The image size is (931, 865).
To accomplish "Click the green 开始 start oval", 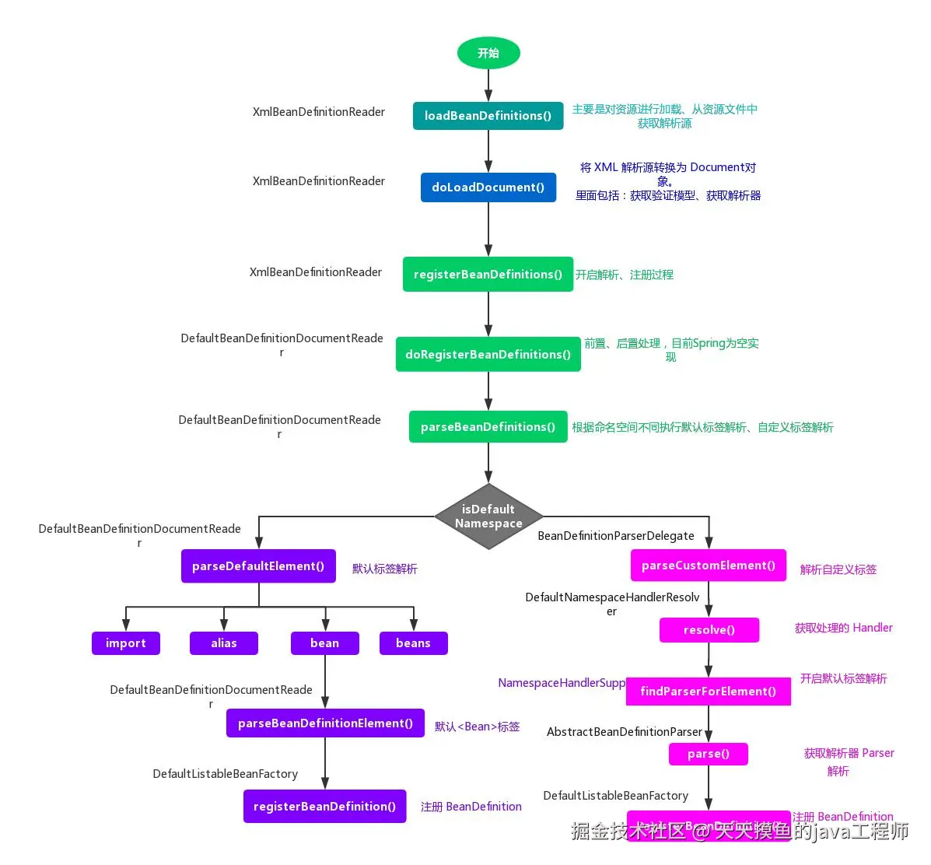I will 488,53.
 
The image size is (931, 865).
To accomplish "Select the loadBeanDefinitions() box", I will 488,116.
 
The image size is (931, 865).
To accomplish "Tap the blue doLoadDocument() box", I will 488,187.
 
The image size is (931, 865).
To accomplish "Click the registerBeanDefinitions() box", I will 488,275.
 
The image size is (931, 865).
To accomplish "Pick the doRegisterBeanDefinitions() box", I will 488,354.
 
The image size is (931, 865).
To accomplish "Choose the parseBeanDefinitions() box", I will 488,427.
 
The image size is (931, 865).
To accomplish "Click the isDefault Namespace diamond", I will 488,517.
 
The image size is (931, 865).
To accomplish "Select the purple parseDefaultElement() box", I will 258,566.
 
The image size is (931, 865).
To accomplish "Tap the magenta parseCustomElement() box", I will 708,566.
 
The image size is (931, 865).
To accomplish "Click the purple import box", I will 125,643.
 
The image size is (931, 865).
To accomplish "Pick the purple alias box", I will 223,643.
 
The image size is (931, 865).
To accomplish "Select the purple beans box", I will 413,643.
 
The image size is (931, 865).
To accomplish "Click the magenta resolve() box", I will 709,630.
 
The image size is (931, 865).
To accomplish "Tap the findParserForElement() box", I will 708,691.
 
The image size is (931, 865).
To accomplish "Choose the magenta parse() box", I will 708,754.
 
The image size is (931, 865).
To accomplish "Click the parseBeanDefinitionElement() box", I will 325,723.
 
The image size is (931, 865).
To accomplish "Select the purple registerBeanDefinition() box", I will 324,807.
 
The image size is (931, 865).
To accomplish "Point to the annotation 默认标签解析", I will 384,569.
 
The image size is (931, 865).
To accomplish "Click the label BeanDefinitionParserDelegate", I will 615,536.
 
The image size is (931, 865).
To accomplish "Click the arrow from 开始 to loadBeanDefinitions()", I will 488,85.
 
